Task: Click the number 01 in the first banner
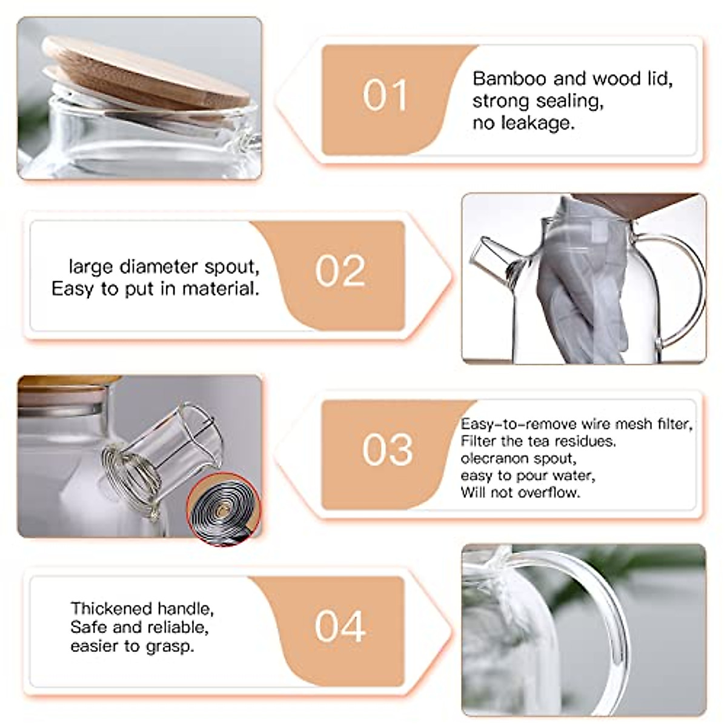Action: (x=385, y=96)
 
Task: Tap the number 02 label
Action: (x=340, y=271)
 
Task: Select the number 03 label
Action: (x=388, y=450)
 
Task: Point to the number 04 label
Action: (x=340, y=626)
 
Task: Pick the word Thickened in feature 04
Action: (x=103, y=608)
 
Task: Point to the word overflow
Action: (x=551, y=493)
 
